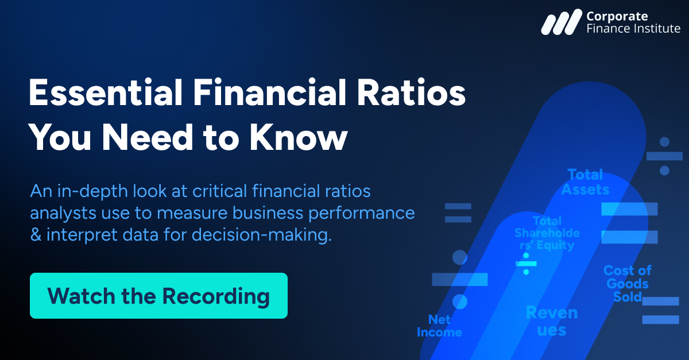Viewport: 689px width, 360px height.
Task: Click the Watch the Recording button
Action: pos(158,296)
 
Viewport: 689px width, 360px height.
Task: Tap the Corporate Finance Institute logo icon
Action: pos(561,22)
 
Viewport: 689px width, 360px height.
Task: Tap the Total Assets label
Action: pos(585,182)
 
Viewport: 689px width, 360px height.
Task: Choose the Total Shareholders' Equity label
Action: pos(547,233)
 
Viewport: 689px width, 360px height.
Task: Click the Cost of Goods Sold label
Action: pos(627,284)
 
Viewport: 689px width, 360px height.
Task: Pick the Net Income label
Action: pos(439,326)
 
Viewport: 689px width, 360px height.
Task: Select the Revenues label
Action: pos(552,321)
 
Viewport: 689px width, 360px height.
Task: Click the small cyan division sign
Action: pos(525,264)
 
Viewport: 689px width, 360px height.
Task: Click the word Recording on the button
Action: pos(216,296)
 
